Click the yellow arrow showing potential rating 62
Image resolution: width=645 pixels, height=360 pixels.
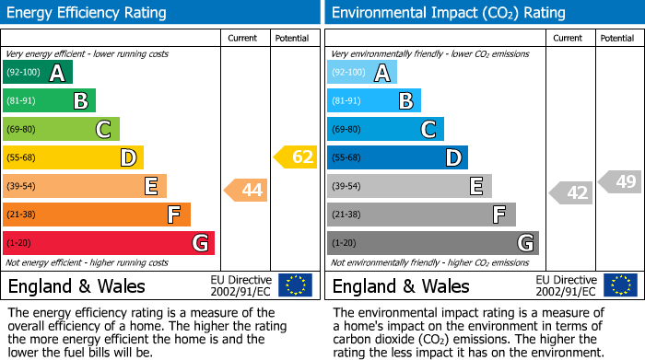pos(296,157)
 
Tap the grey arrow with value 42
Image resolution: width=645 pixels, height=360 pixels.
pos(571,192)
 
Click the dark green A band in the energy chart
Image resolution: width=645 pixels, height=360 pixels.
pos(37,73)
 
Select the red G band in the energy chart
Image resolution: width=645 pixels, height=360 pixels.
pos(109,243)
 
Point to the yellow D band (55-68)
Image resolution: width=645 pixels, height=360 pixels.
pos(73,157)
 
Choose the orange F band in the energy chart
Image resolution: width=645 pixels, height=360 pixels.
pos(97,215)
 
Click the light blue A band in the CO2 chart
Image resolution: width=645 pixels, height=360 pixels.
pos(361,73)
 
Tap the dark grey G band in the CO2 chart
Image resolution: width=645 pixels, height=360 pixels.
pos(432,243)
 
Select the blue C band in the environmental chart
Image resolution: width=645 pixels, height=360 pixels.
pos(385,129)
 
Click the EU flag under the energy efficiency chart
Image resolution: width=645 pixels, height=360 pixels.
pos(296,285)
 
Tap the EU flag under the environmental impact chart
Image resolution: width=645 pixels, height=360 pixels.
pos(620,285)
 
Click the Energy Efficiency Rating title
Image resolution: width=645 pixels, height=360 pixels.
pos(88,13)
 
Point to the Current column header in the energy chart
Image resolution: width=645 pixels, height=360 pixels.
pos(244,38)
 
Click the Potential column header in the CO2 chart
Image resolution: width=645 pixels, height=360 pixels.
pos(617,38)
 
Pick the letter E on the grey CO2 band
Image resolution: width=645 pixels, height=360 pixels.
pos(476,186)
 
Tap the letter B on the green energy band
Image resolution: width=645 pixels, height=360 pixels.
pos(81,101)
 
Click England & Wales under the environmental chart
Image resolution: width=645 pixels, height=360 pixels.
pos(401,285)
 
